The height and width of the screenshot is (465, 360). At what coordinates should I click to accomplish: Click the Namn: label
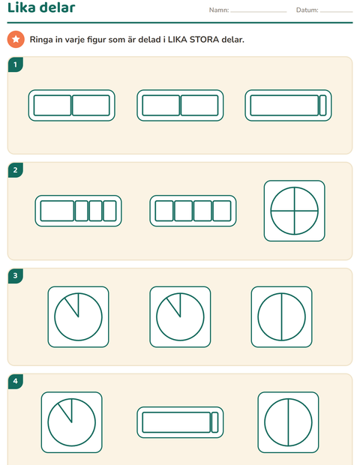[x=219, y=10]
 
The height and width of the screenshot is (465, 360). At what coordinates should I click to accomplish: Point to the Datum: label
[x=307, y=10]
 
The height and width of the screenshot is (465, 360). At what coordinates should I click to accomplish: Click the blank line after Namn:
[x=259, y=12]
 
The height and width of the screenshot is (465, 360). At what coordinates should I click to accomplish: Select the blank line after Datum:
[x=336, y=12]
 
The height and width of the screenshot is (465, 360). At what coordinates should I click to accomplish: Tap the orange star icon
[x=16, y=39]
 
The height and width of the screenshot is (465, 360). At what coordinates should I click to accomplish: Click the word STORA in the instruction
[x=204, y=40]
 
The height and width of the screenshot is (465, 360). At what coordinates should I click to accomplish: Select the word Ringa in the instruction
[x=41, y=40]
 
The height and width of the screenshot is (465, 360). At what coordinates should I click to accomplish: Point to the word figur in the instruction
[x=97, y=40]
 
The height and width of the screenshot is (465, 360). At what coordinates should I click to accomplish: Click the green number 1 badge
[x=16, y=64]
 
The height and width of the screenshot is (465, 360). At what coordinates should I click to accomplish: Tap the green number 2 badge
[x=16, y=170]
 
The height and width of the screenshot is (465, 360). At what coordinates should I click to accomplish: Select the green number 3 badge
[x=16, y=276]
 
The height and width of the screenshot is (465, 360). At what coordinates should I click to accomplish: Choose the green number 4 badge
[x=16, y=381]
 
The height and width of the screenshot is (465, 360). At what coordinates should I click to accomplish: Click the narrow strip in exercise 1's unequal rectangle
[x=322, y=105]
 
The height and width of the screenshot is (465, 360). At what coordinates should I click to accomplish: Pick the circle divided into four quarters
[x=295, y=211]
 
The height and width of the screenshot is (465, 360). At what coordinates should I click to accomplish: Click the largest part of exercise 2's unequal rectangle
[x=57, y=211]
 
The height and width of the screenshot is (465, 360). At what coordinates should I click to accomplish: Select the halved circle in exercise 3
[x=281, y=316]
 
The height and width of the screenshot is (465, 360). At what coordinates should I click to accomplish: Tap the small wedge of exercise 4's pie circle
[x=67, y=408]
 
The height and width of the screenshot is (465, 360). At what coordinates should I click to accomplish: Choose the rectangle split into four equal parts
[x=193, y=211]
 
